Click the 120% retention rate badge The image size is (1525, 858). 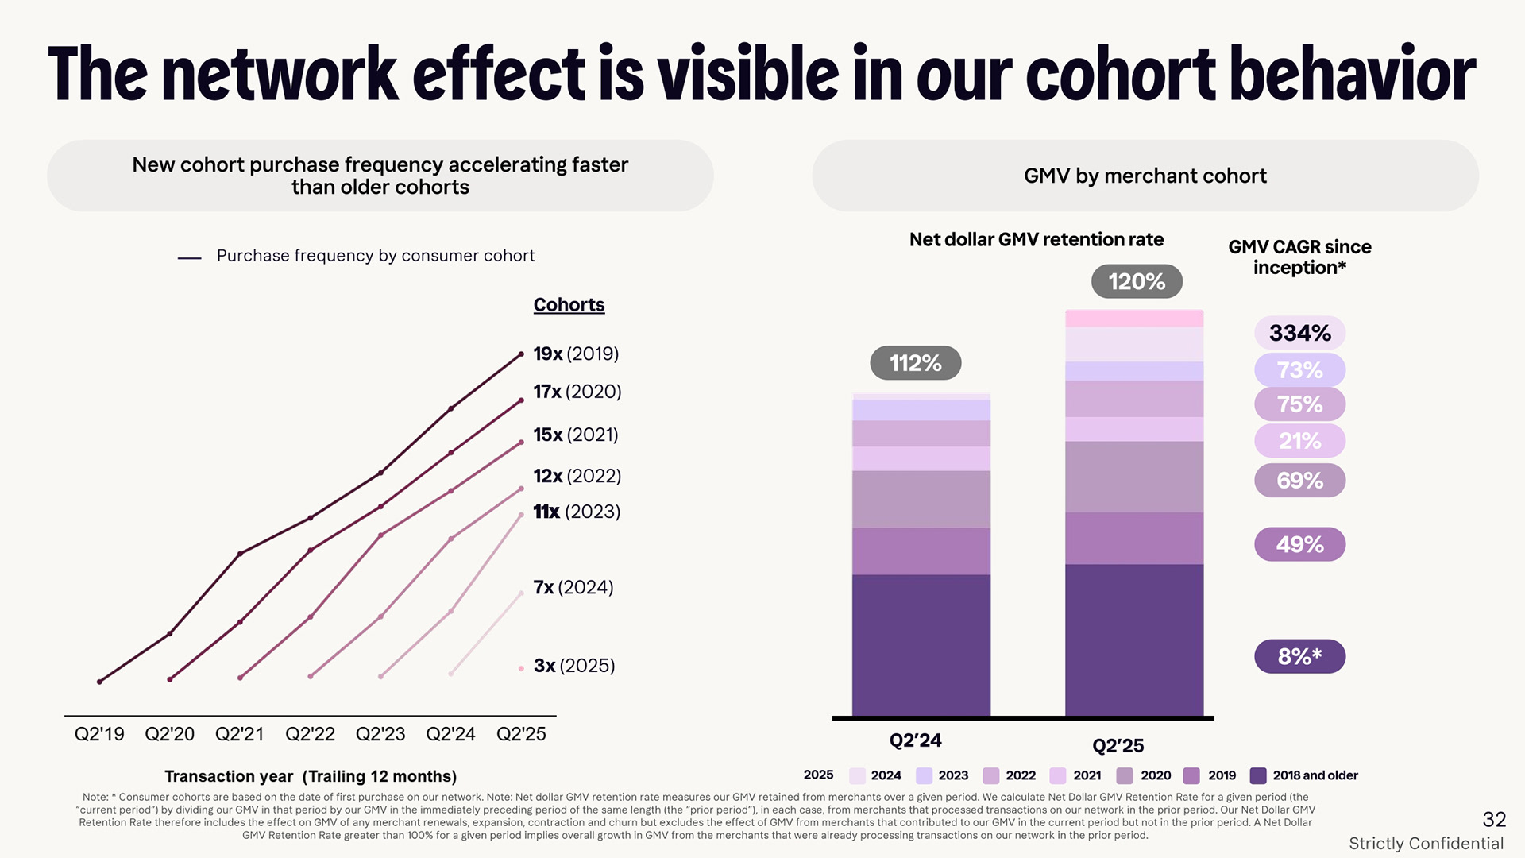click(1137, 281)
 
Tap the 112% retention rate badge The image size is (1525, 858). click(915, 363)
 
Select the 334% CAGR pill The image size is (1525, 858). click(1299, 333)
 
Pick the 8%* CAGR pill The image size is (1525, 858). click(1299, 656)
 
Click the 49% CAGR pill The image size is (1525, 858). click(1299, 544)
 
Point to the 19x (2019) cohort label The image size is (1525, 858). click(576, 354)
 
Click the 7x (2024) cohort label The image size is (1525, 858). click(573, 587)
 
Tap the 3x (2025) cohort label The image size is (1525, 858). click(574, 666)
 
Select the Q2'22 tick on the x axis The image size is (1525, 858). click(310, 734)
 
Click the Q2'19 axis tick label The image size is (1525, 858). click(99, 734)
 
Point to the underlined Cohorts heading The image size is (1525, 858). click(569, 305)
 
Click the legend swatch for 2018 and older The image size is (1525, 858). click(1258, 775)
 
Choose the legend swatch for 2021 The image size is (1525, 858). click(1057, 775)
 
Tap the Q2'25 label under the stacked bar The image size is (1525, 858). click(1118, 745)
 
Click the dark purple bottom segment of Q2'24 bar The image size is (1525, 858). click(921, 644)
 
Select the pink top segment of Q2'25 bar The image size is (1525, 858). click(1133, 319)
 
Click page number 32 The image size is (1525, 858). click(1494, 819)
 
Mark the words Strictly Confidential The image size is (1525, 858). click(1426, 844)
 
